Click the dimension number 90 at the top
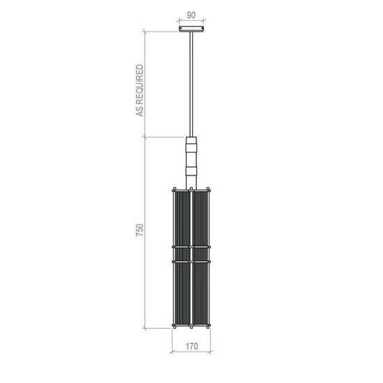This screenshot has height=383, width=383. point(191,15)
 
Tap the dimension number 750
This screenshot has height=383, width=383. point(140,230)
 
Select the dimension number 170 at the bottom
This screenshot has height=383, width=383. point(191,346)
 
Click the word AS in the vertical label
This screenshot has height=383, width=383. point(140,111)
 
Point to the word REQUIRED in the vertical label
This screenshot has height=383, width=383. point(140,84)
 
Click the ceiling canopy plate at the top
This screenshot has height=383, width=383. point(191,29)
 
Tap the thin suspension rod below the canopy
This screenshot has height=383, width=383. point(191,84)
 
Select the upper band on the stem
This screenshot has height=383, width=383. point(191,148)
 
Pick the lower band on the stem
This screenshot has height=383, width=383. point(191,171)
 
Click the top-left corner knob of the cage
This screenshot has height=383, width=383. point(174,189)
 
